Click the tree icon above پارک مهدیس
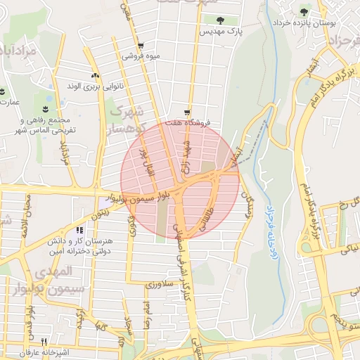tap(220, 20)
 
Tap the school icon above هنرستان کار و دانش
tap(79, 230)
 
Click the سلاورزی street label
tap(158, 285)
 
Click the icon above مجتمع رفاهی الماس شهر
tap(46, 108)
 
